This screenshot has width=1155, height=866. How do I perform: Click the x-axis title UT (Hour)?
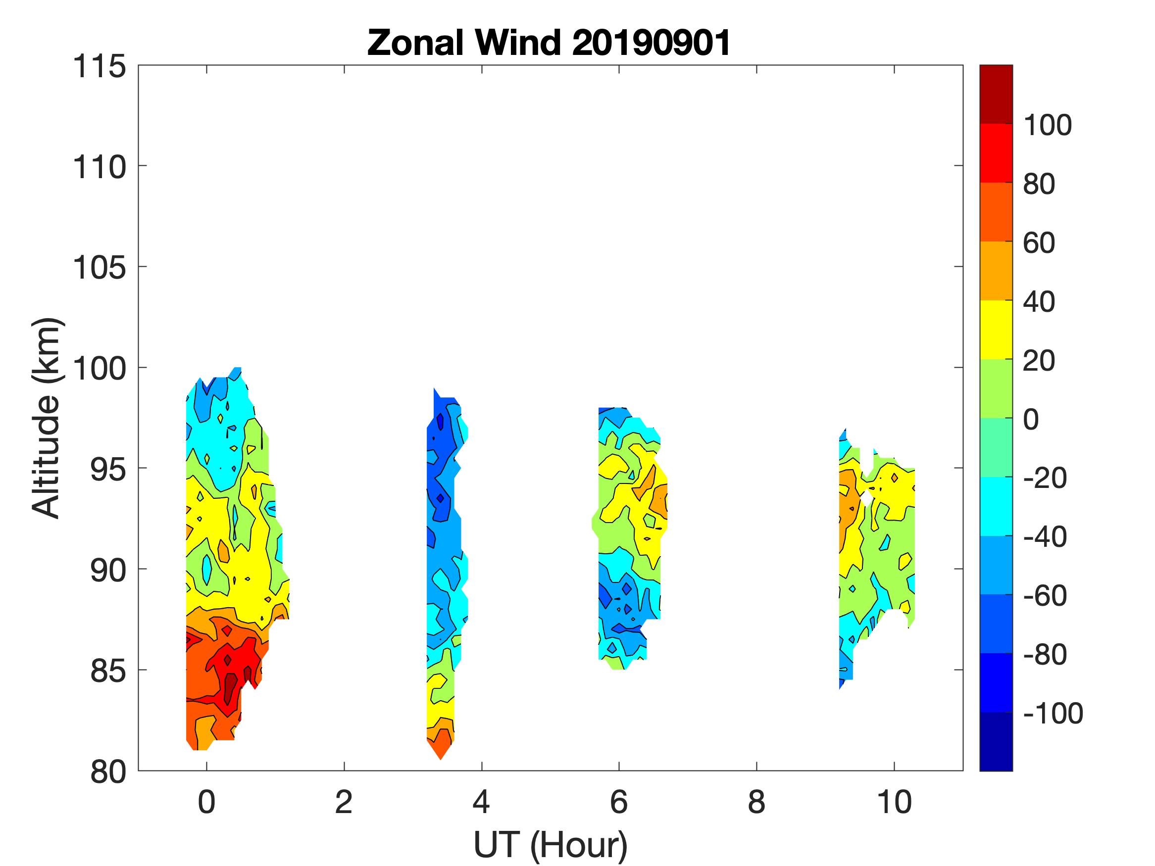point(550,845)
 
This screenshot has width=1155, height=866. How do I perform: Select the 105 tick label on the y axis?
point(99,268)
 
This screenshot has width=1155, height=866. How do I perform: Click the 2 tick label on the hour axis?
point(344,802)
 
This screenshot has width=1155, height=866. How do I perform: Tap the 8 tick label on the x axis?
point(756,802)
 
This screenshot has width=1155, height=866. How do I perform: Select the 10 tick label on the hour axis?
point(894,802)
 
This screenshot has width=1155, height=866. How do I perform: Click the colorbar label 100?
point(1047,125)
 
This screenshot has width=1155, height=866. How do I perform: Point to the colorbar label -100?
point(1053,713)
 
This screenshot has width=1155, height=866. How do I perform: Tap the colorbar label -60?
point(1044,596)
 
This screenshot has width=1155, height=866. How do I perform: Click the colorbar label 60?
point(1039,243)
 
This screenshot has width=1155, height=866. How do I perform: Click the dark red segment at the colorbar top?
point(996,94)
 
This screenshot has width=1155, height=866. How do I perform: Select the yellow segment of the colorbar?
point(996,330)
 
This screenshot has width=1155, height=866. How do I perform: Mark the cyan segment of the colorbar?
point(996,506)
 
